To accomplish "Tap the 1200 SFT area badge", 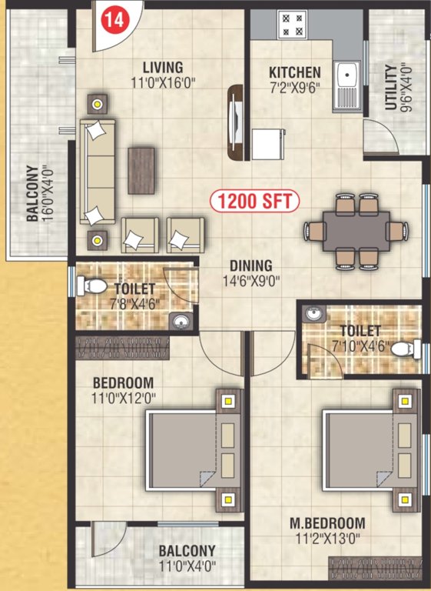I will pos(255,202).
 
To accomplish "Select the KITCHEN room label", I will pos(295,72).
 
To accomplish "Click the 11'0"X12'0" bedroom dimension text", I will pos(123,398).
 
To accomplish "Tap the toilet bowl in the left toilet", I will pos(94,285).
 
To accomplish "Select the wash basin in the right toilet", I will pos(313,313).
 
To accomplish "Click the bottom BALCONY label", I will pos(187,551).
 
